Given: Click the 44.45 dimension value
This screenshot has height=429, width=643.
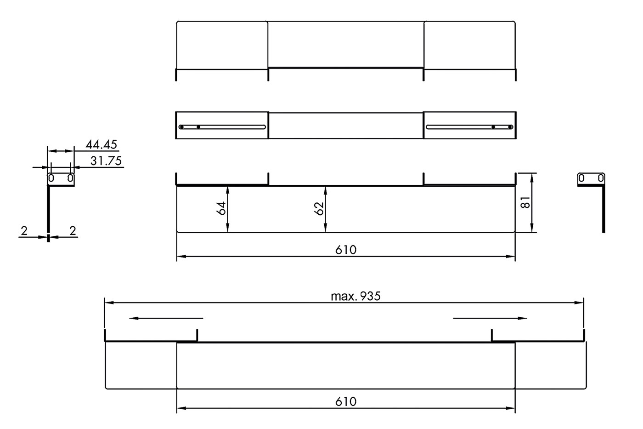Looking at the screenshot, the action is pos(102,144).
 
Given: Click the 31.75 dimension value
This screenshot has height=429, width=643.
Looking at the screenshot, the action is pos(106,161).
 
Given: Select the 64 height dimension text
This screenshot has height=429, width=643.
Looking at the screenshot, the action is pos(221,208).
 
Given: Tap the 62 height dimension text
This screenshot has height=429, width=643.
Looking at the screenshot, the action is pos(319,208).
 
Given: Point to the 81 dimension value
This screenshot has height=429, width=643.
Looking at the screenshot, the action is pos(525,203).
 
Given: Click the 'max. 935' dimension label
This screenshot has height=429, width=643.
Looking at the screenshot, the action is pos(355,296).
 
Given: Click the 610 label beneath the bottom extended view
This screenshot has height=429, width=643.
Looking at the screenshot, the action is pos(345,402).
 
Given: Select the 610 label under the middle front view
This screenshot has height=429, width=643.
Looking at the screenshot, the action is pos(345,250).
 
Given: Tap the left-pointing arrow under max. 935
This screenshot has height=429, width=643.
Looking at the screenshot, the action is pos(166,318).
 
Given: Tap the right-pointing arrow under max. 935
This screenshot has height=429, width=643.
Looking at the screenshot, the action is pos(490,318).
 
